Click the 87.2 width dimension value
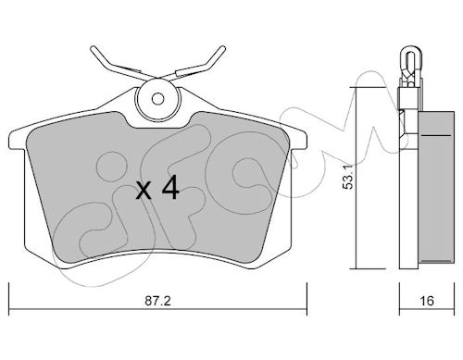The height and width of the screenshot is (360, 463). pos(157,301)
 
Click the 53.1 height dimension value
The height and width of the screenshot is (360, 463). pos(348,180)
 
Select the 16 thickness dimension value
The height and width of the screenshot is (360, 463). pos(427,301)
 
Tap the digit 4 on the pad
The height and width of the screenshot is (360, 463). pos(170,187)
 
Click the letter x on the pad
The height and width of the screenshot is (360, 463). pos(144,192)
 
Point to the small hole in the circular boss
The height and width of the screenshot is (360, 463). pos(158,99)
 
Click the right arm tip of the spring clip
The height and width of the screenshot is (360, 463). pos(222,49)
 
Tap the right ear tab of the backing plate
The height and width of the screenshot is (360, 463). pos(298,141)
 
